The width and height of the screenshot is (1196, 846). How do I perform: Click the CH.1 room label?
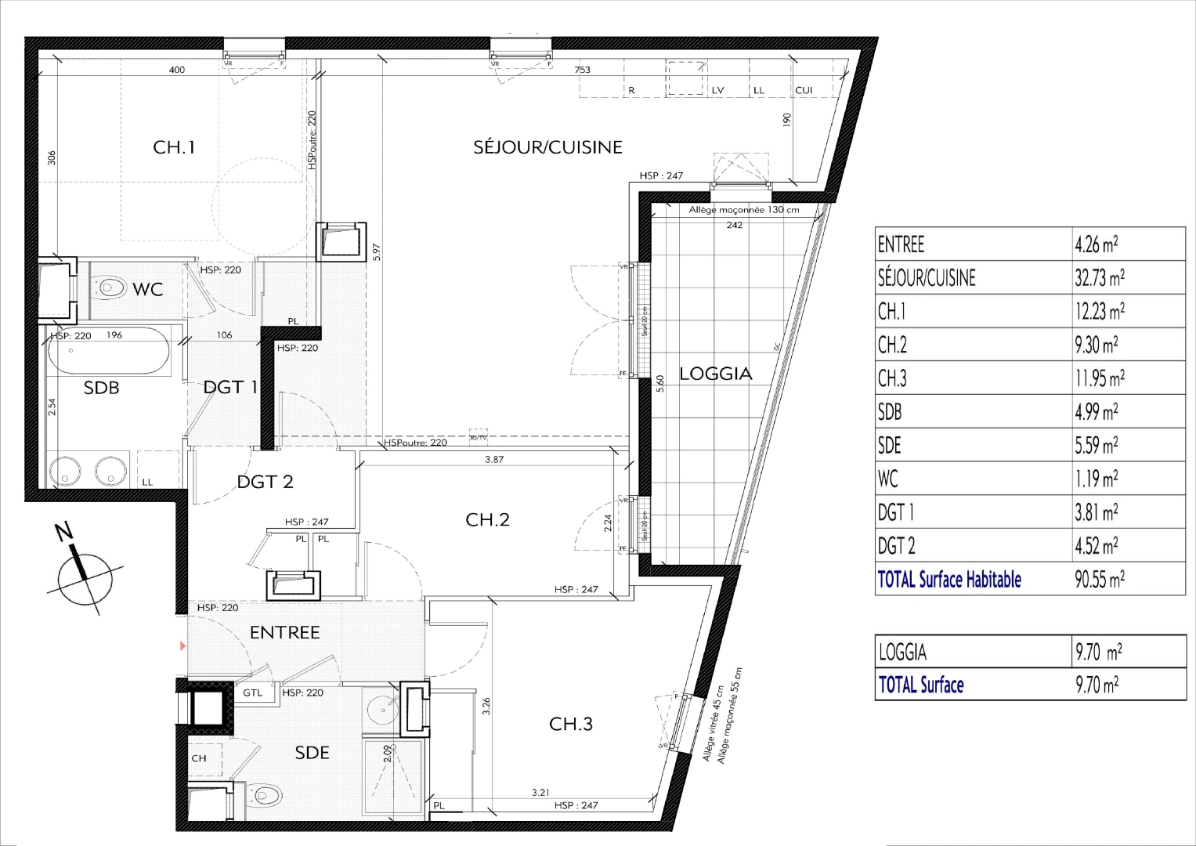click(x=173, y=146)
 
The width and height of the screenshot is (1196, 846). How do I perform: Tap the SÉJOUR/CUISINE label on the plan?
click(x=547, y=146)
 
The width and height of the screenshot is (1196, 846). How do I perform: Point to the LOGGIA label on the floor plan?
click(x=715, y=374)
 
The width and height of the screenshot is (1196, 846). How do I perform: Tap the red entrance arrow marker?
click(x=183, y=646)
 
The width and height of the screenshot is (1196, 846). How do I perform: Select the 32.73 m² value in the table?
click(x=1100, y=278)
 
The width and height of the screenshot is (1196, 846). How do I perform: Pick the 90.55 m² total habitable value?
click(x=1100, y=580)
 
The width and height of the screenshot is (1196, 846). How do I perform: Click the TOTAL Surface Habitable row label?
click(x=949, y=580)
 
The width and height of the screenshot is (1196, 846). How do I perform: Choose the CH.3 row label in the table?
click(x=892, y=378)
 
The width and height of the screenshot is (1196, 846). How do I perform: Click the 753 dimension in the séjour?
click(x=582, y=70)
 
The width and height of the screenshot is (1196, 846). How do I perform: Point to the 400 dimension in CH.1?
click(x=177, y=70)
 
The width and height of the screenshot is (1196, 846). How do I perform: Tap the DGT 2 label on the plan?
click(x=265, y=482)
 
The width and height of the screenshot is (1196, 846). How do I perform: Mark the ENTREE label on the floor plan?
click(x=284, y=632)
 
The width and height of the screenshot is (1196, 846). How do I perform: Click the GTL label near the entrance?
click(x=252, y=693)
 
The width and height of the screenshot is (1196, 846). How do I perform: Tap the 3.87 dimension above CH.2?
click(x=493, y=460)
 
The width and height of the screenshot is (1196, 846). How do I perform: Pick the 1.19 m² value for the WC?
click(x=1096, y=479)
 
